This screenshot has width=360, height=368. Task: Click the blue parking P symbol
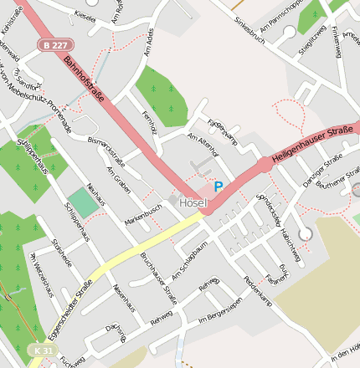point(219,187)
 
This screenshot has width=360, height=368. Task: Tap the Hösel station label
point(193,203)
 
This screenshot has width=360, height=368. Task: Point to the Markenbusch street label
point(143,215)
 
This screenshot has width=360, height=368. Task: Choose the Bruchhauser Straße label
point(158,277)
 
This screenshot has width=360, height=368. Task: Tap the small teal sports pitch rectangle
point(82,202)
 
